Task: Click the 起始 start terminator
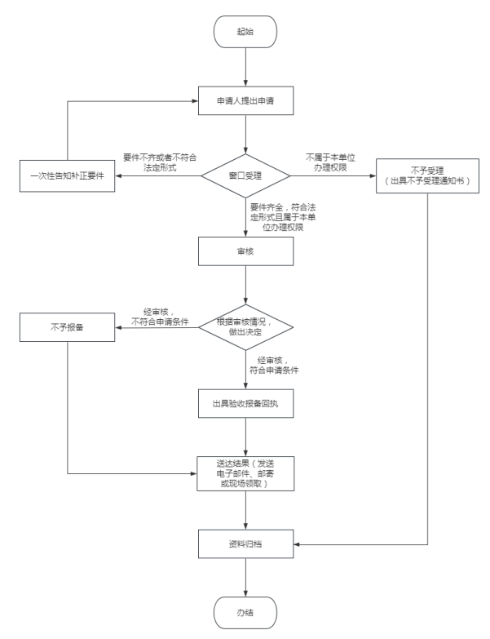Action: tap(245, 30)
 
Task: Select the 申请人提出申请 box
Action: tap(245, 103)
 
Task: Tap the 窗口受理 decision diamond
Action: tap(245, 175)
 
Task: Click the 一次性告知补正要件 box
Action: tap(68, 176)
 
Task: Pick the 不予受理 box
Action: tap(426, 176)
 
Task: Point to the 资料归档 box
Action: tap(245, 542)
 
